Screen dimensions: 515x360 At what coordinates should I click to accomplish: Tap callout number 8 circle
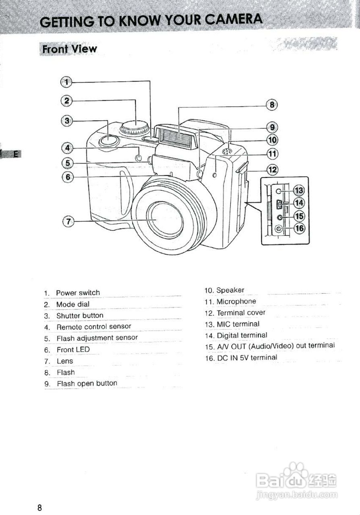pyautogui.click(x=272, y=105)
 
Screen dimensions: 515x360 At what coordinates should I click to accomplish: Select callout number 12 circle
pyautogui.click(x=273, y=170)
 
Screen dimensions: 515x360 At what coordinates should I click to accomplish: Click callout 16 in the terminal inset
pyautogui.click(x=299, y=229)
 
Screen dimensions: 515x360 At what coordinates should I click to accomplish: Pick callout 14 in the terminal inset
pyautogui.click(x=299, y=203)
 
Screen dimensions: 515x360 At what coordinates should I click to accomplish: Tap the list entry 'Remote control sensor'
pyautogui.click(x=94, y=327)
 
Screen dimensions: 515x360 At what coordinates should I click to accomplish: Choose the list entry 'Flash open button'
pyautogui.click(x=87, y=383)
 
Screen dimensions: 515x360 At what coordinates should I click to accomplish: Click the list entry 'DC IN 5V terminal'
pyautogui.click(x=247, y=357)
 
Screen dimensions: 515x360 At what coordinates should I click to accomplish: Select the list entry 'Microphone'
pyautogui.click(x=236, y=301)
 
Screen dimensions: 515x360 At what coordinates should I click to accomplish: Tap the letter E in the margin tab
pyautogui.click(x=15, y=154)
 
